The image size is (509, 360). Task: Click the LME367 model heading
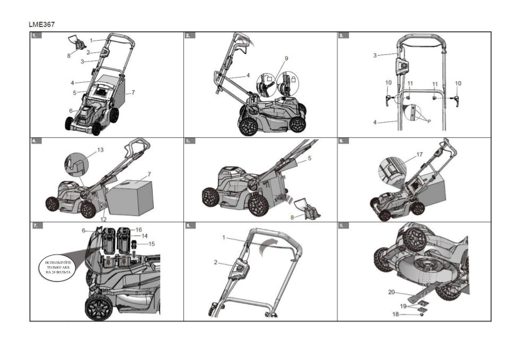coord(41,24)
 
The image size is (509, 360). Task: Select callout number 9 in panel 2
coord(286,58)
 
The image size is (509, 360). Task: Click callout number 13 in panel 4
coord(101,151)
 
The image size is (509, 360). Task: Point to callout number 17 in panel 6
coord(419,155)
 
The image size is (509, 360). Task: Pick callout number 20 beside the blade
coord(391,292)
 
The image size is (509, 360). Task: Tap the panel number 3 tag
coord(343,36)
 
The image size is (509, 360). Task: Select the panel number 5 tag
coord(189,142)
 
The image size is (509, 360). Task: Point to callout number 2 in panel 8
coord(216,262)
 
